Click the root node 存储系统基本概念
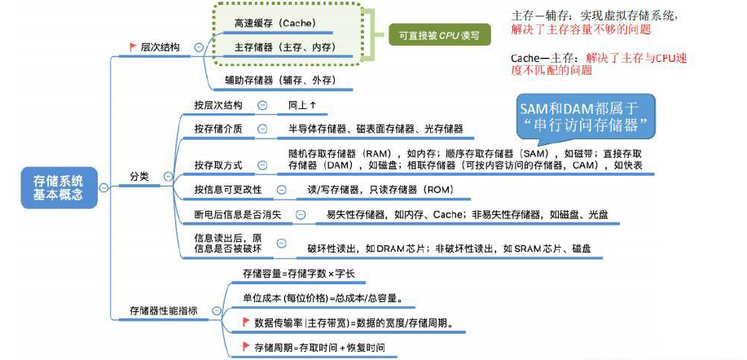(x=58, y=187)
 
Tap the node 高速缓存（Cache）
(x=275, y=24)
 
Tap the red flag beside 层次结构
(x=132, y=48)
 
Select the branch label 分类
(x=139, y=176)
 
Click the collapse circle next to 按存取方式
(x=261, y=165)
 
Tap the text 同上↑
(x=301, y=105)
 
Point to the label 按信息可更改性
(x=228, y=189)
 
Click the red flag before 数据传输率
(x=246, y=323)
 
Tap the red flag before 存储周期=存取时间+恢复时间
(x=246, y=346)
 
